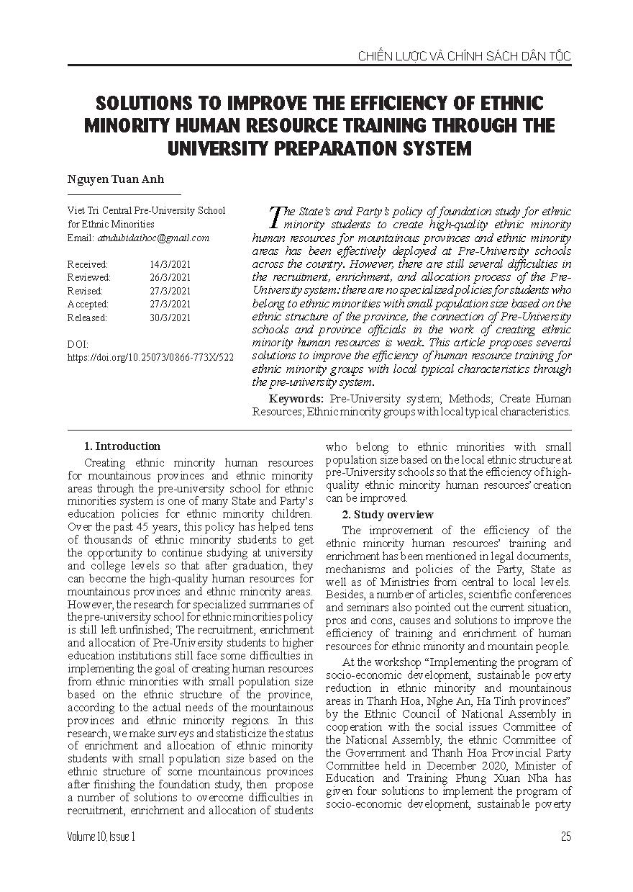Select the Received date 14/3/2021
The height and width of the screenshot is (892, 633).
pyautogui.click(x=170, y=264)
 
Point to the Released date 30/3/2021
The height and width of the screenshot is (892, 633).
pyautogui.click(x=170, y=317)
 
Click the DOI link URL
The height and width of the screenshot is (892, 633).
pyautogui.click(x=150, y=357)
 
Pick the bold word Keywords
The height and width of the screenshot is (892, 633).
pyautogui.click(x=296, y=399)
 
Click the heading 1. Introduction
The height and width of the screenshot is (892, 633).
pyautogui.click(x=122, y=446)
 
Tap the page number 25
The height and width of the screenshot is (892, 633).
pyautogui.click(x=565, y=836)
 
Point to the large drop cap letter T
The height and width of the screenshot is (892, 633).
pyautogui.click(x=274, y=215)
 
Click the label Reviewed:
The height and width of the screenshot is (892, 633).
pyautogui.click(x=89, y=277)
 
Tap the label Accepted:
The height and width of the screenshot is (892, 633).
pyautogui.click(x=88, y=304)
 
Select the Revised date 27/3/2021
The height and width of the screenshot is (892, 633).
pyautogui.click(x=170, y=291)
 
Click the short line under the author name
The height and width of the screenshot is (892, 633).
pyautogui.click(x=124, y=194)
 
